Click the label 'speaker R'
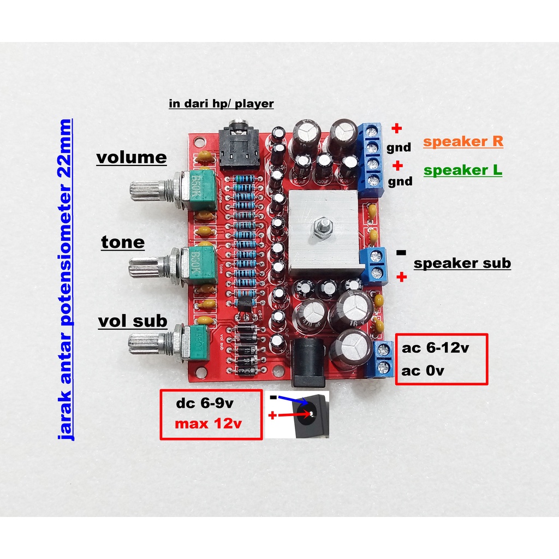click(463, 142)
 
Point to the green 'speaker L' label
click(463, 170)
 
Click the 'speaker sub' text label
click(462, 264)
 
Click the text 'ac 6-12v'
click(436, 349)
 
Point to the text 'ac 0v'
click(423, 371)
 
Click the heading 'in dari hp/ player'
click(221, 103)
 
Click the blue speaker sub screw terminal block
click(376, 265)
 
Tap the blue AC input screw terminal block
click(384, 359)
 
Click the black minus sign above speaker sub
click(401, 252)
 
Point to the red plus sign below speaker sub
click(402, 278)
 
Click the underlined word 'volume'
click(132, 158)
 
